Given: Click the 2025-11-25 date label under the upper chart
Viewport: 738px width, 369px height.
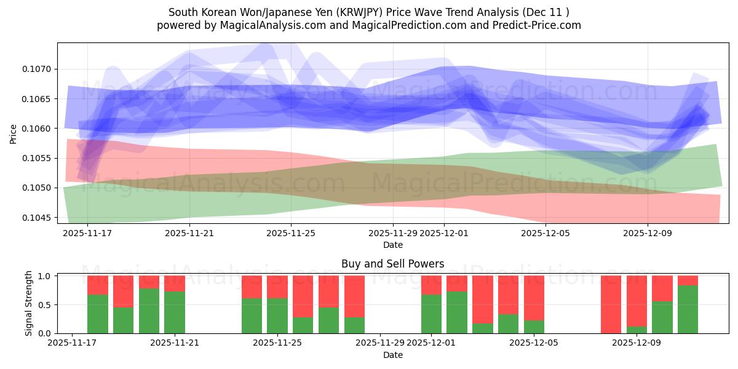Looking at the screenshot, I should tap(292, 233).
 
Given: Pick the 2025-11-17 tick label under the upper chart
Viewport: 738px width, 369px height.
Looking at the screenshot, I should tap(87, 233).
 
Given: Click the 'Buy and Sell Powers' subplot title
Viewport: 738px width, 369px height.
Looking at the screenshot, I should tap(392, 264).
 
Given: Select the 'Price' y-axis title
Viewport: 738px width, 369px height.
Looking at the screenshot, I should tap(14, 133).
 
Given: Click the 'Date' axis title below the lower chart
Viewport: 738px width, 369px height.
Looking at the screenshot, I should tap(392, 355).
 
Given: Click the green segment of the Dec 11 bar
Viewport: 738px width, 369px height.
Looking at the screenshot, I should tap(688, 309).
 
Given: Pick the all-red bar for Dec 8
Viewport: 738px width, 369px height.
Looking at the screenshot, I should tap(611, 304).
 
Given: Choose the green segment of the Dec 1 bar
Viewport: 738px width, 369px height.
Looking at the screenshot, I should tap(432, 314).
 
